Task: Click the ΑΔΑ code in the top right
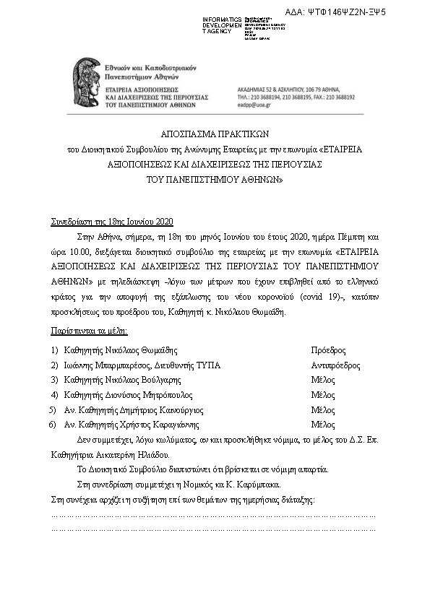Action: click(346, 12)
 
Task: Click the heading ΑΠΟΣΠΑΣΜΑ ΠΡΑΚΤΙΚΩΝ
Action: click(215, 134)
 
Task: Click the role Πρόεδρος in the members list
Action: click(328, 350)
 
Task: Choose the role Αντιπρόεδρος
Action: click(335, 365)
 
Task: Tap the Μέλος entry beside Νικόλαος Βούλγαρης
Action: click(323, 380)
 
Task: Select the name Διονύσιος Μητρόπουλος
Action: click(150, 395)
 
